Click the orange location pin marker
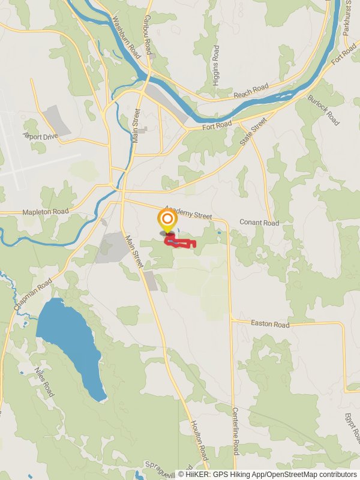tap(167, 220)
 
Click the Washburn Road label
tap(126, 36)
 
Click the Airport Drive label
tap(41, 136)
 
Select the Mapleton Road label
tap(46, 212)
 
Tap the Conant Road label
tap(259, 223)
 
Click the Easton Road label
tap(270, 323)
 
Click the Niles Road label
tap(44, 382)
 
